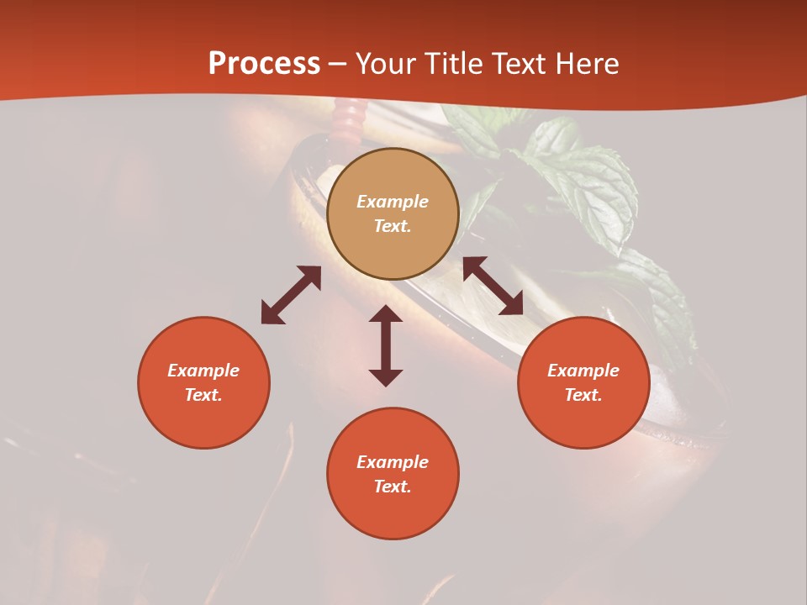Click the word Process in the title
click(264, 64)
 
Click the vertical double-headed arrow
click(386, 345)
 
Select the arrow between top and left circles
click(291, 295)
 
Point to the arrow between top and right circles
click(493, 286)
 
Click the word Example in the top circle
click(393, 202)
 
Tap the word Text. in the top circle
click(393, 226)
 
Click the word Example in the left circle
click(203, 371)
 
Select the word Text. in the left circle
click(203, 395)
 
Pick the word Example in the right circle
click(583, 371)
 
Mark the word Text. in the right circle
click(583, 395)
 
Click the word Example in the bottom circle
click(393, 462)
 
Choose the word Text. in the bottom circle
click(393, 487)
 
